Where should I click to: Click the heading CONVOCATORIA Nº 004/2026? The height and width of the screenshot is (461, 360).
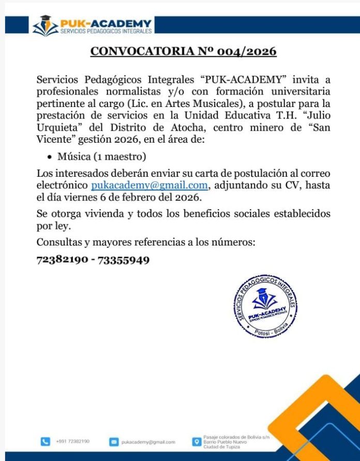[184, 52]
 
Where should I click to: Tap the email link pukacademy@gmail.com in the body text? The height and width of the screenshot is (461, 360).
[149, 186]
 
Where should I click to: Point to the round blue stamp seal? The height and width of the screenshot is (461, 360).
[265, 305]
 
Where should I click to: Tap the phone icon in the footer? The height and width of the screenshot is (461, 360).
[46, 442]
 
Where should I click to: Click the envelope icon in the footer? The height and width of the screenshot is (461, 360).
[114, 442]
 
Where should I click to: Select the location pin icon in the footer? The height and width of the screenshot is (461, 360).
[196, 442]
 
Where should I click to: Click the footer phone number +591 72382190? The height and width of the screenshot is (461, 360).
[73, 442]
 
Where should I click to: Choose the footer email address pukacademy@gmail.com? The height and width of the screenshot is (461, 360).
[148, 442]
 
